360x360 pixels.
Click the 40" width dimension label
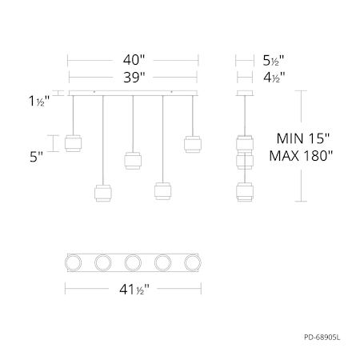pyautogui.click(x=134, y=60)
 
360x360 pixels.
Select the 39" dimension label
pyautogui.click(x=134, y=78)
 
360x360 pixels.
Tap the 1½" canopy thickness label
pyautogui.click(x=39, y=101)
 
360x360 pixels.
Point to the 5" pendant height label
pyautogui.click(x=36, y=157)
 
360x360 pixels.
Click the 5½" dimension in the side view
pyautogui.click(x=274, y=61)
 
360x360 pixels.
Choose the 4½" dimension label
pyautogui.click(x=274, y=78)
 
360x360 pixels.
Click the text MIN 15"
pyautogui.click(x=303, y=138)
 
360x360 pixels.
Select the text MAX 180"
pyautogui.click(x=301, y=156)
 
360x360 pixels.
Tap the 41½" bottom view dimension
pyautogui.click(x=134, y=290)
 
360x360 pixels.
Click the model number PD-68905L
pyautogui.click(x=322, y=338)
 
